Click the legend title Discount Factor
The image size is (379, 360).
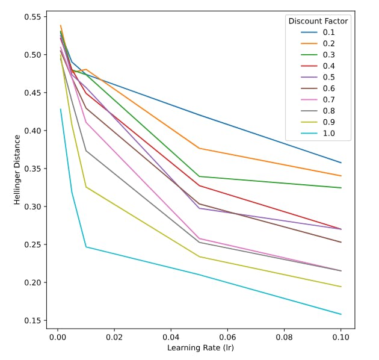(318, 21)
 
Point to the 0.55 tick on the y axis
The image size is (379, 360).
(35, 16)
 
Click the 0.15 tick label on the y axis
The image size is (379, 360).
(35, 320)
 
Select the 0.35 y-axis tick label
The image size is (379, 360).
(35, 169)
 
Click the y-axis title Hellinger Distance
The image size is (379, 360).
(17, 170)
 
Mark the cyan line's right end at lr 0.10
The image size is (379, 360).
(341, 314)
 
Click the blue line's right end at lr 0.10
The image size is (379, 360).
(341, 163)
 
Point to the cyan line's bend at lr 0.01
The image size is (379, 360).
(86, 247)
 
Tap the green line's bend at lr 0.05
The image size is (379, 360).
(199, 176)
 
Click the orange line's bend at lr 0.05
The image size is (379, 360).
(199, 148)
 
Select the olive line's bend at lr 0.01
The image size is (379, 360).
(86, 187)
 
